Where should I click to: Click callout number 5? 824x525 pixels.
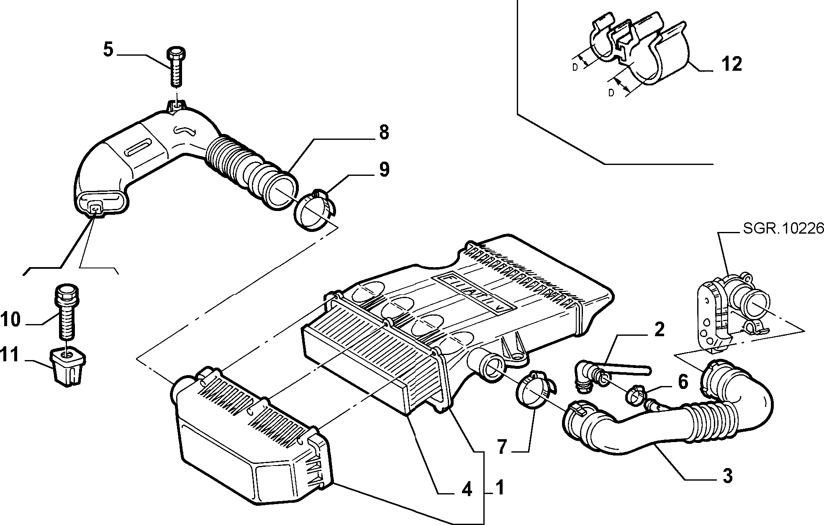click(108, 50)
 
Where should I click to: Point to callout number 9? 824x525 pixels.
click(384, 170)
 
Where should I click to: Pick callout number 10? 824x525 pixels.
click(10, 320)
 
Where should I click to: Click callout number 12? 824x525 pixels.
click(732, 64)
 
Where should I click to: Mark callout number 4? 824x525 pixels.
click(467, 489)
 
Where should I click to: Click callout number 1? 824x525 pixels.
click(499, 488)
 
